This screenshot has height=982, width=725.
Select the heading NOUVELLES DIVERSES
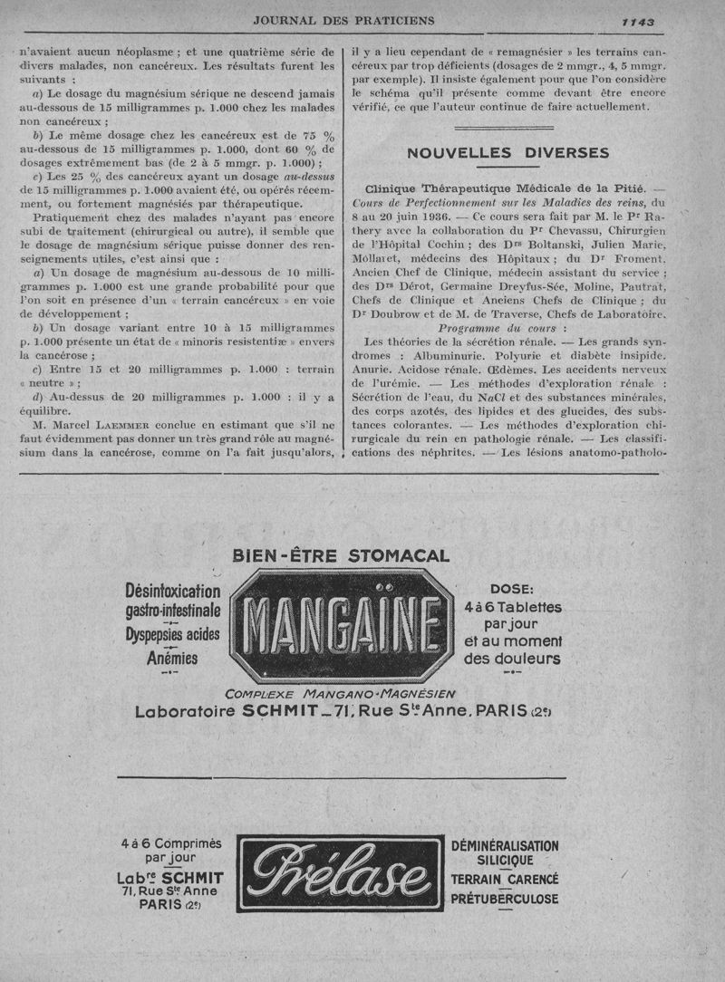point(507,153)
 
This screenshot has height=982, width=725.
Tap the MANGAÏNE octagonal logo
point(340,627)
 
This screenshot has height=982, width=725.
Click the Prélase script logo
point(341,872)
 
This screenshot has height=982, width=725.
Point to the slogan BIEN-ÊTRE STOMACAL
point(340,556)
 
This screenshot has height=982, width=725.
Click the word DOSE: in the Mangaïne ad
point(512,589)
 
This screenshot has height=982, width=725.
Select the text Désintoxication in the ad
point(172,592)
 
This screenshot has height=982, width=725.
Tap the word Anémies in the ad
point(172,659)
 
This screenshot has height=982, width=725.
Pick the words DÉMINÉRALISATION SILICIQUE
point(505,853)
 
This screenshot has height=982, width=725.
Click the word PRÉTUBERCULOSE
point(505,899)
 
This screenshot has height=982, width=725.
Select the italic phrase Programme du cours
point(503,327)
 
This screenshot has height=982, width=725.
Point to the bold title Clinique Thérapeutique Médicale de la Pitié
point(506,188)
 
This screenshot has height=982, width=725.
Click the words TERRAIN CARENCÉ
point(505,880)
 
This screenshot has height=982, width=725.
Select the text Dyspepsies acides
point(172,635)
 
